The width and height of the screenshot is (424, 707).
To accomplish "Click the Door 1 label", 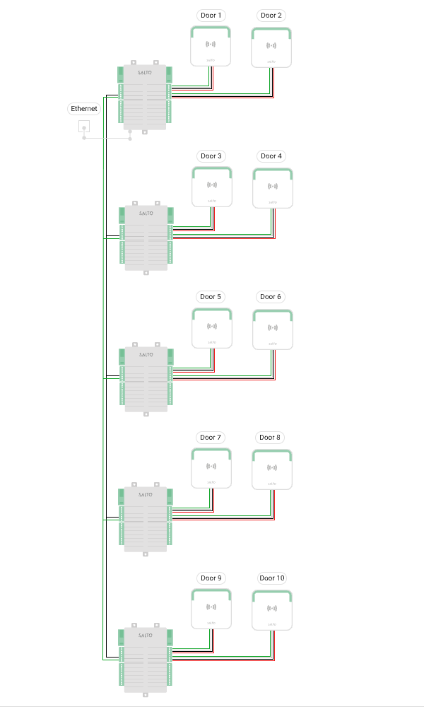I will click(x=211, y=15).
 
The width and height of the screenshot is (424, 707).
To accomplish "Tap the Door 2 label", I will click(x=271, y=15).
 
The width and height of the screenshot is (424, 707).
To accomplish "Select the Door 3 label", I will click(x=211, y=156).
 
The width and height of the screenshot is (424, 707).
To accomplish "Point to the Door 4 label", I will click(x=271, y=156).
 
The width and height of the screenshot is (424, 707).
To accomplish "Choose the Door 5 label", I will click(x=211, y=297).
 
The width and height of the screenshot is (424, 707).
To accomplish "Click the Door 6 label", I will click(x=271, y=297).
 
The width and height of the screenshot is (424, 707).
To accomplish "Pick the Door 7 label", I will click(x=211, y=437).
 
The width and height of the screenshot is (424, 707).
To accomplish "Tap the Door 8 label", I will click(x=271, y=437).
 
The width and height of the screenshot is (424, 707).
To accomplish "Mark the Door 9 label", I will click(x=211, y=578).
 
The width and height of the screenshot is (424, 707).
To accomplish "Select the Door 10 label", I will click(x=271, y=578).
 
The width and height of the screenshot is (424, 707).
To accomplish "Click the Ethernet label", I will click(x=84, y=108).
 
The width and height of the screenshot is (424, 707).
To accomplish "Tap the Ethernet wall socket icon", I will click(x=84, y=128).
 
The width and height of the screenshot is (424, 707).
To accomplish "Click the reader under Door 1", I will click(x=211, y=46).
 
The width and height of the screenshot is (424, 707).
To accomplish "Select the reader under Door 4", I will click(x=272, y=187).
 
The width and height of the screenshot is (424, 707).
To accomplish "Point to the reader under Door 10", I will click(x=272, y=610).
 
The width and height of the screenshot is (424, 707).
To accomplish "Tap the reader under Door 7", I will click(x=211, y=468).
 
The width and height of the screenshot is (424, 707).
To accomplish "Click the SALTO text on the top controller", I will click(x=145, y=73).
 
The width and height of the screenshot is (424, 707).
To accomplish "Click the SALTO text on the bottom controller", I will click(x=145, y=635).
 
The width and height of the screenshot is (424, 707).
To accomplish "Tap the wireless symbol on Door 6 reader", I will click(x=272, y=327).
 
